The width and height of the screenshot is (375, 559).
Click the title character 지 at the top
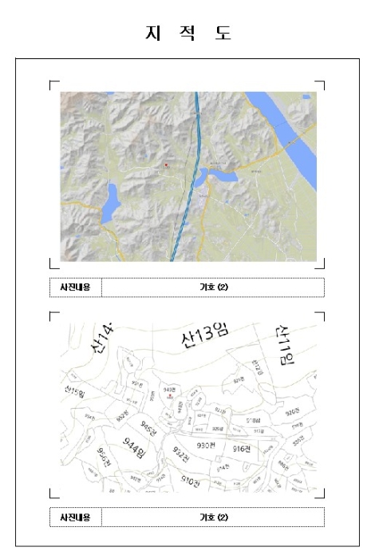[150, 33]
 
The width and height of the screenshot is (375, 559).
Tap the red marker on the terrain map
[166, 165]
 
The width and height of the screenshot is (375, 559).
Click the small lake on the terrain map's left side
[109, 203]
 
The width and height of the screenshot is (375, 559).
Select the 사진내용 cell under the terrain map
[75, 287]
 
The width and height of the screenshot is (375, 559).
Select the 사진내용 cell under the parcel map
[75, 517]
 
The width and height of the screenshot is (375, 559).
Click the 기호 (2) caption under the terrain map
[213, 287]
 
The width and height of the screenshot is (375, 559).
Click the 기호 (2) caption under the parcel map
[213, 517]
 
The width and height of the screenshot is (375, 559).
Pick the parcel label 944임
[135, 446]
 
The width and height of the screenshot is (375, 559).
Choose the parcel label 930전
[207, 445]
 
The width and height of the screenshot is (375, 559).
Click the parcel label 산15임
[76, 391]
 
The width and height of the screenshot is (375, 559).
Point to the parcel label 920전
[292, 411]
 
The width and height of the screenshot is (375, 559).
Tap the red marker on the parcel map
[170, 396]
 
